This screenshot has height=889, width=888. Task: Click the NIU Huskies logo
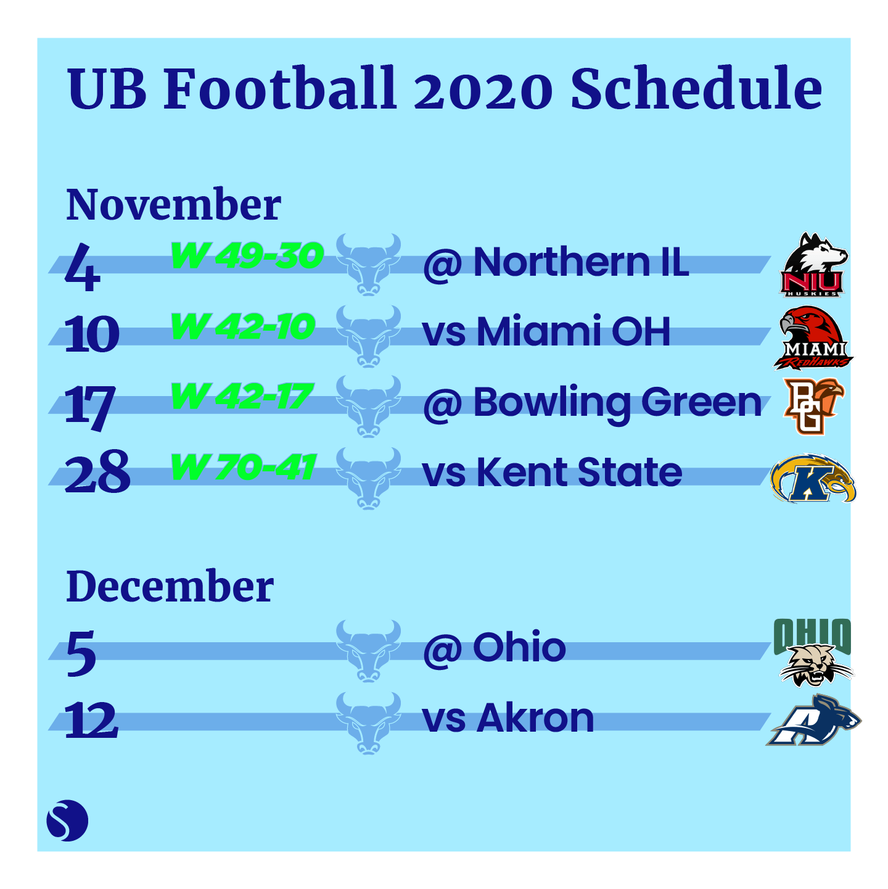point(814,264)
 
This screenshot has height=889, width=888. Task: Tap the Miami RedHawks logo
point(813,337)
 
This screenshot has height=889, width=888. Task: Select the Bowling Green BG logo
point(813,406)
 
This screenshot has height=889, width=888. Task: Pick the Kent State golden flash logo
point(813,478)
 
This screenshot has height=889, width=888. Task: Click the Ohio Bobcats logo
point(812,652)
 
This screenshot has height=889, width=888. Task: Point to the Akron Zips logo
point(813,720)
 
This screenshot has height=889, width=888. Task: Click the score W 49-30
point(247,255)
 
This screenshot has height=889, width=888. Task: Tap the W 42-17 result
point(242,396)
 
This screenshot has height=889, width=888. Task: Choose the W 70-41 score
point(244,467)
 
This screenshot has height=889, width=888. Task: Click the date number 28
point(97,472)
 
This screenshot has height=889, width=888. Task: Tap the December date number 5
point(81,653)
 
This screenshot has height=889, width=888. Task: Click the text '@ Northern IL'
point(556,263)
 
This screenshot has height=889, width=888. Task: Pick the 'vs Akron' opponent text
point(508,718)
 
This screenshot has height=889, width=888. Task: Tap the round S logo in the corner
point(67,821)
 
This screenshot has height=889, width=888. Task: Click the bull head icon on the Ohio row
point(368,651)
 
